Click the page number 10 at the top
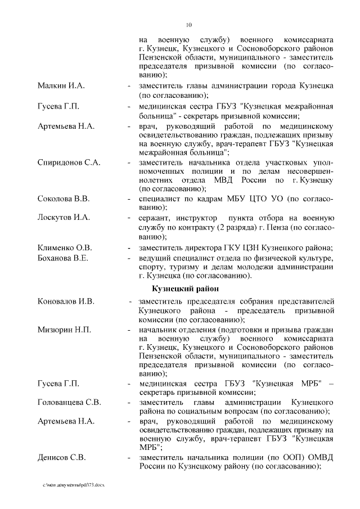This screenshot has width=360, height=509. (x=189, y=24)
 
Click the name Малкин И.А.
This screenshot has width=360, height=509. (x=61, y=85)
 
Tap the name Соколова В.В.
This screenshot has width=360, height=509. (x=63, y=199)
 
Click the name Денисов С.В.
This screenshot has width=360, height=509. (x=61, y=457)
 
